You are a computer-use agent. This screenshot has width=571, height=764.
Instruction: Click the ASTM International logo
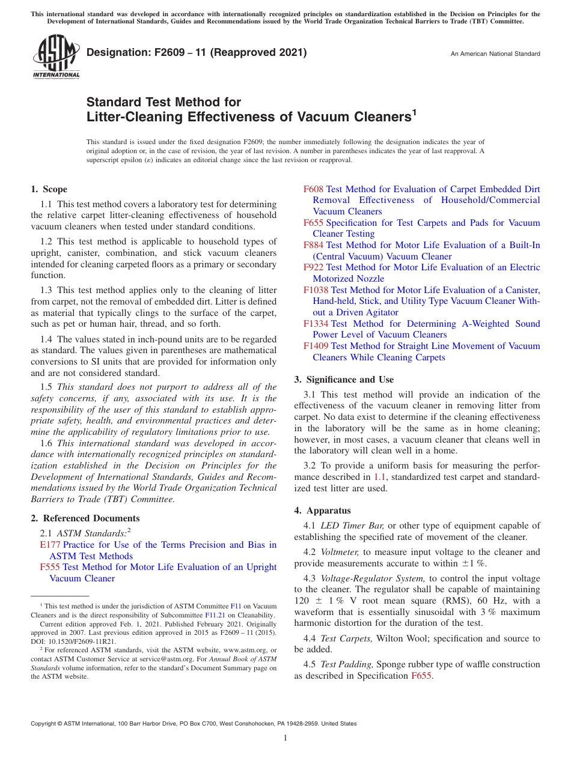coord(56,57)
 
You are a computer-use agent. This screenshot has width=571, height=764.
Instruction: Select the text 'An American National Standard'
coord(495,54)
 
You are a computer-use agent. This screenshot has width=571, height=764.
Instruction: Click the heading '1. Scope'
coord(49,189)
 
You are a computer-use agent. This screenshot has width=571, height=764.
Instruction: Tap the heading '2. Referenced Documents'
coord(85,518)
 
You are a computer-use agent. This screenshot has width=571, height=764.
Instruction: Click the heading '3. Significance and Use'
coord(344,380)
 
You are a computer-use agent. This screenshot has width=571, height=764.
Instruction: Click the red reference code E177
coord(50,545)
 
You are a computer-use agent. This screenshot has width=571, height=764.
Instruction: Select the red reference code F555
coord(50,567)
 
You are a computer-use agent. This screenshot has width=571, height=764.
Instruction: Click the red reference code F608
coord(314,189)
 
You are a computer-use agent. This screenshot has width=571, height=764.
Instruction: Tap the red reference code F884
coord(314,245)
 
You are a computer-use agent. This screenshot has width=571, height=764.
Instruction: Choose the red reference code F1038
coord(316,290)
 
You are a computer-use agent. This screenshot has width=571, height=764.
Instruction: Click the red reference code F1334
coord(316,324)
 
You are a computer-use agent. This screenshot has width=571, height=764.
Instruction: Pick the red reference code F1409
coord(316,346)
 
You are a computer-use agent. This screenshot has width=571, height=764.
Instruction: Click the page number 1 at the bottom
coord(285,738)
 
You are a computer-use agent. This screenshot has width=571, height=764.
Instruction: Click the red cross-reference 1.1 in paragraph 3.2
coord(379,477)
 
